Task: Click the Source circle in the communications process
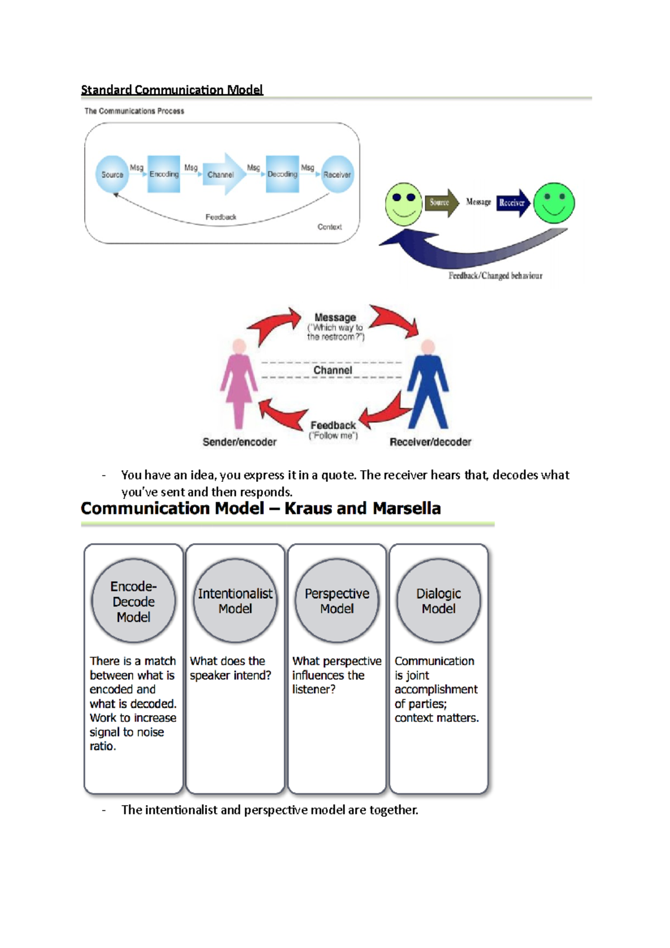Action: point(112,174)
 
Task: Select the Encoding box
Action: point(164,174)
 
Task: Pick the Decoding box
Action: point(282,174)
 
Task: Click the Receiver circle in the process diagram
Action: point(337,174)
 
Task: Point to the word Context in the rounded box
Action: point(329,227)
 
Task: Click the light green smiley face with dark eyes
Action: point(404,204)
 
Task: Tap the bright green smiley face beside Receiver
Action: point(554,203)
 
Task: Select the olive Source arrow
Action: point(441,203)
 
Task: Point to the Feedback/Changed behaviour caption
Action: point(495,276)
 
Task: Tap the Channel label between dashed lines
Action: point(332,370)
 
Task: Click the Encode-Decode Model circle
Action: point(133,601)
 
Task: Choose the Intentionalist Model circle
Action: point(235,601)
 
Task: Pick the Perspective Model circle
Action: point(337,601)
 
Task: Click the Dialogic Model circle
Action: point(438,601)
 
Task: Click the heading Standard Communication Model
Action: point(172,90)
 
